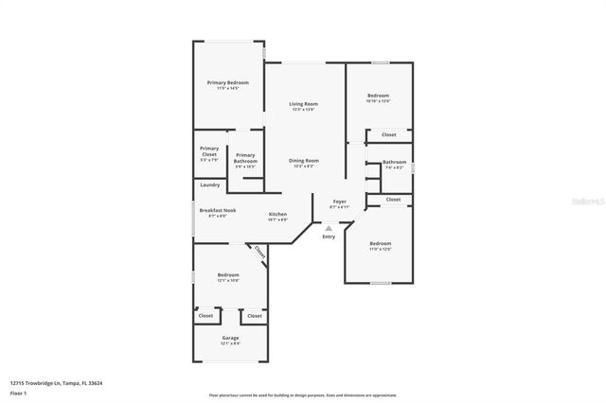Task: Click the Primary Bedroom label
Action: (227, 82)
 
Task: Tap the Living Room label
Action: (303, 103)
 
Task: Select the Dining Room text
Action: (304, 161)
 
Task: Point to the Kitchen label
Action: (277, 214)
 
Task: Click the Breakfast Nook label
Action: (217, 210)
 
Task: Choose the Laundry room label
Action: (209, 184)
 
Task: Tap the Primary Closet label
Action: (209, 149)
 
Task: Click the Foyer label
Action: (339, 201)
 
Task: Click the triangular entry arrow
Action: (329, 228)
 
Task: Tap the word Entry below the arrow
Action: (329, 237)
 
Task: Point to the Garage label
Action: (230, 338)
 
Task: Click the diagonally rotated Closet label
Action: (259, 253)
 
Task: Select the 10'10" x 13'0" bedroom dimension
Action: (378, 101)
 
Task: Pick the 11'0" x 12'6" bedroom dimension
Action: (380, 249)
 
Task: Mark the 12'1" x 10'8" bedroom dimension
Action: (227, 280)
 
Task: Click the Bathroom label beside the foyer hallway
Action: (394, 162)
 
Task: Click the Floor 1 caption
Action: (19, 393)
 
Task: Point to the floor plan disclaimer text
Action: (303, 395)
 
